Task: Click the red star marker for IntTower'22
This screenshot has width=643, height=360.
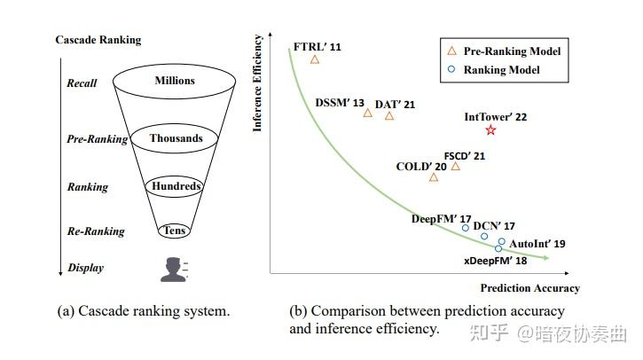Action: tap(490, 130)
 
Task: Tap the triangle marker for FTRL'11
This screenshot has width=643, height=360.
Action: tap(315, 59)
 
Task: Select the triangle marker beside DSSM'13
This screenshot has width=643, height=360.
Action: tap(368, 113)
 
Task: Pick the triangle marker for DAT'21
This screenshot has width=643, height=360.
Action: tap(389, 115)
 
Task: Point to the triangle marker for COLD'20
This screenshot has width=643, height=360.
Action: tap(434, 176)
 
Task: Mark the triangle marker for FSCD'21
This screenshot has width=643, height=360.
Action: tap(456, 166)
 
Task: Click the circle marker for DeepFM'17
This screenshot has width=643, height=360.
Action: tap(466, 228)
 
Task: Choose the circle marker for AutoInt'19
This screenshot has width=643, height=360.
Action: tap(502, 241)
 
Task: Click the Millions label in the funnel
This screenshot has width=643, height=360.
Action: tap(174, 81)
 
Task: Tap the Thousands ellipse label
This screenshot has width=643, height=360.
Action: tap(176, 138)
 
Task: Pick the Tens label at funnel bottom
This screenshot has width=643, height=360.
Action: tap(174, 231)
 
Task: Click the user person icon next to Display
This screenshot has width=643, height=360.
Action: tap(174, 268)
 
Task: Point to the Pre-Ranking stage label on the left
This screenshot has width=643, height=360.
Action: tap(97, 139)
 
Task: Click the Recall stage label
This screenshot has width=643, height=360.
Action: tap(82, 83)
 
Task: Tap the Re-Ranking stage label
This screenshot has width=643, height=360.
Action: tap(96, 231)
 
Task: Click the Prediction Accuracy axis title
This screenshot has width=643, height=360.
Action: tap(529, 287)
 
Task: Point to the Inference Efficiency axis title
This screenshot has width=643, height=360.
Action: tap(258, 82)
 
